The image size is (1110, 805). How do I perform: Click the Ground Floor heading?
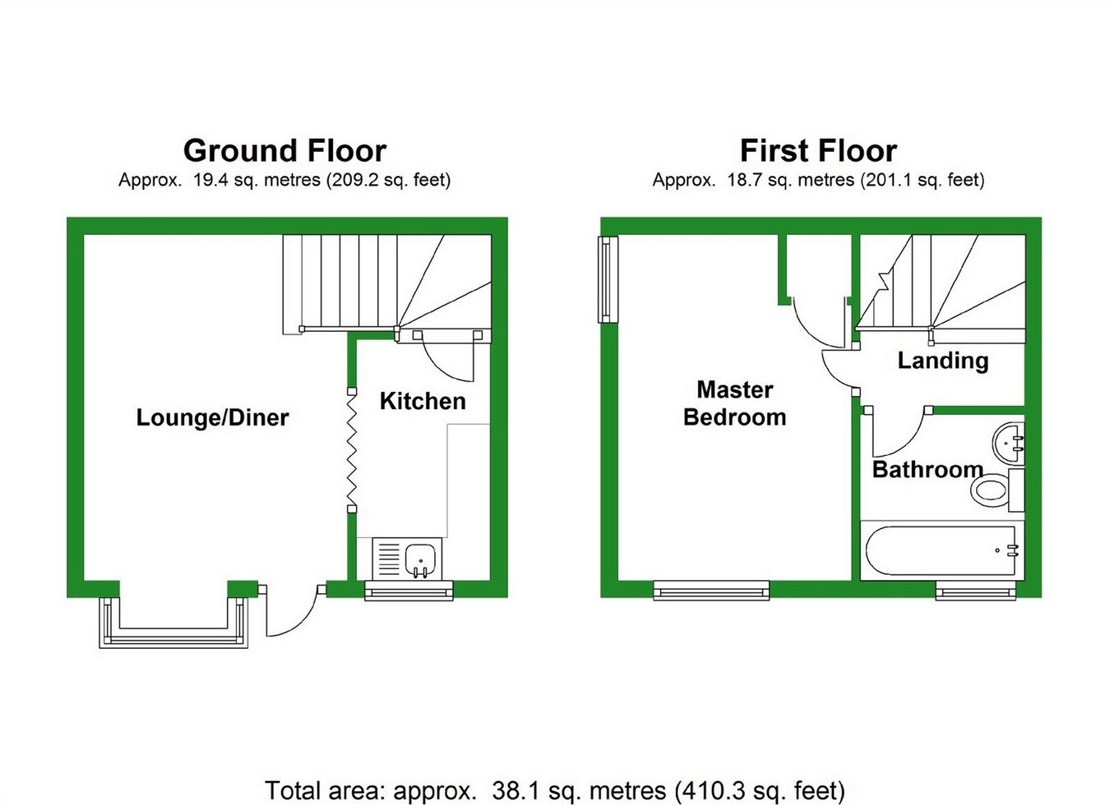coord(284,151)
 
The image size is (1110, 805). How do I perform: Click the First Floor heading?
coord(818,151)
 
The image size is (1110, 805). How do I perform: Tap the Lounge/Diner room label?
coord(212,418)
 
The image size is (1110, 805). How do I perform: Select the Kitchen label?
coord(423,401)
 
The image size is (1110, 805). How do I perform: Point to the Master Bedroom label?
coord(734,403)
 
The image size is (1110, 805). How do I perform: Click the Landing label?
coord(943,361)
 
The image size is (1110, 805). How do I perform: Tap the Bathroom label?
coord(927,469)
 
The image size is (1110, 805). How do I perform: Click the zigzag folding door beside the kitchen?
coord(352,450)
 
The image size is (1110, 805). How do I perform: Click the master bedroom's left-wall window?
coord(608,279)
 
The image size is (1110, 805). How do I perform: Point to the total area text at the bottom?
coord(555,790)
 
